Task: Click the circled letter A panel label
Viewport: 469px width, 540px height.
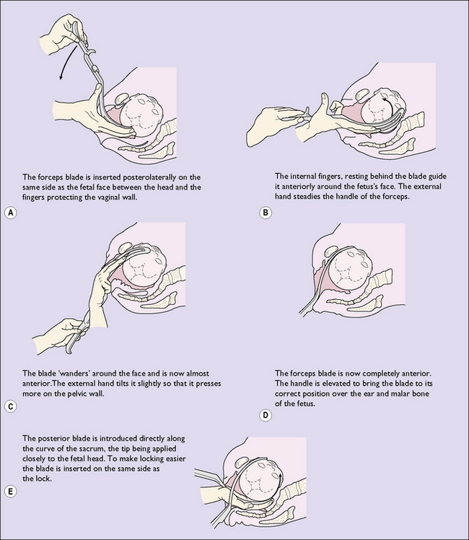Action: (x=11, y=213)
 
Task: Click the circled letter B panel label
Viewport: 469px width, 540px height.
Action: (x=266, y=213)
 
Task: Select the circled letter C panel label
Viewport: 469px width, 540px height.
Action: (x=11, y=407)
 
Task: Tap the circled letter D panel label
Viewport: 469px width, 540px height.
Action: (x=266, y=415)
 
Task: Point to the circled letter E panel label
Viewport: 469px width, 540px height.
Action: (x=11, y=492)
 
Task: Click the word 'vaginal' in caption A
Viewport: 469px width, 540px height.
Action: (x=106, y=198)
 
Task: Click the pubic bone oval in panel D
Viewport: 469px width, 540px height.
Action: (x=331, y=251)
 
